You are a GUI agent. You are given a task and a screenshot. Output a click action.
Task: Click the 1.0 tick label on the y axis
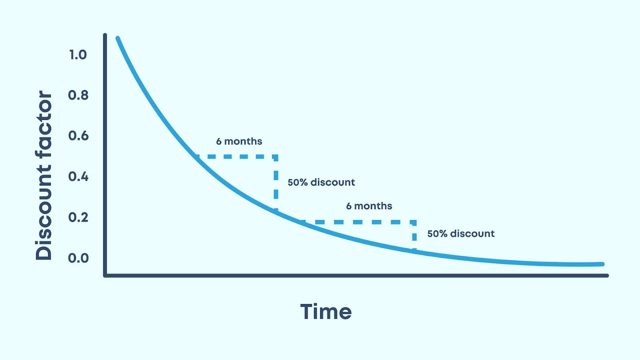point(78,55)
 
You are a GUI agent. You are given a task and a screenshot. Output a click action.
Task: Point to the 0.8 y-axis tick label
point(78,95)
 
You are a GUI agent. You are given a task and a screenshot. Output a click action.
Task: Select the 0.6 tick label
point(78,136)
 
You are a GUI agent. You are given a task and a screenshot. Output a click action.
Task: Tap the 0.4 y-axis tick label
point(78,176)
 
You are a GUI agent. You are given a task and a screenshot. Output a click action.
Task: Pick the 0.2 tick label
point(78,217)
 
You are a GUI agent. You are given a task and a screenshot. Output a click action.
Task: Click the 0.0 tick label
point(78,258)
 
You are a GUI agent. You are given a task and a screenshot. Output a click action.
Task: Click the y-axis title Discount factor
point(44,175)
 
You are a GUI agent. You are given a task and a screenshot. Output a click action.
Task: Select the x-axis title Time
point(326,312)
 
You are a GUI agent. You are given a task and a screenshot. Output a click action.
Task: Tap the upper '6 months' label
point(239,141)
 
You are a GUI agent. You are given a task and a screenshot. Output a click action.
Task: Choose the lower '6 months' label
point(369,206)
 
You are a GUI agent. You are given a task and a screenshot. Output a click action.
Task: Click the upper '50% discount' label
point(321,182)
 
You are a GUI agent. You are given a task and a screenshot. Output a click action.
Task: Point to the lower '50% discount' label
point(461,234)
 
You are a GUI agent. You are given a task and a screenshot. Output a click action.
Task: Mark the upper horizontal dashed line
point(236,156)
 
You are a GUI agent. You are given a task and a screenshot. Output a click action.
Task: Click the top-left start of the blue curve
point(118,39)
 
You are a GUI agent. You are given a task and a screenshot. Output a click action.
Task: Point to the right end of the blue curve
point(602,264)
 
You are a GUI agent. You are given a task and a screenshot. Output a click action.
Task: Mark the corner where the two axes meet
point(105,275)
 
